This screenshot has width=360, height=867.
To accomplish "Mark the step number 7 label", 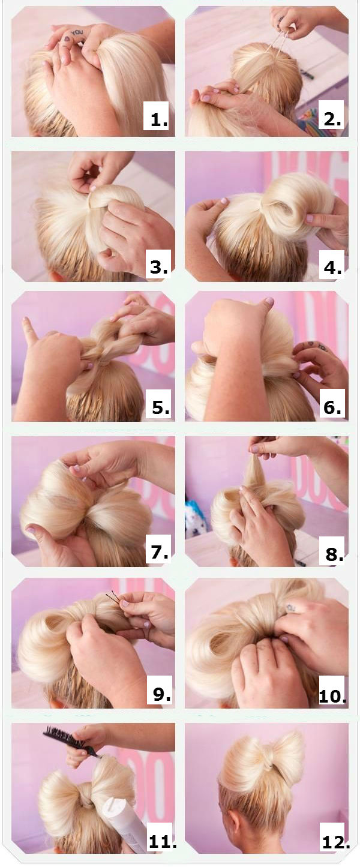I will pyautogui.click(x=159, y=551).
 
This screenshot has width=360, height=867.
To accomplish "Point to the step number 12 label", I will pyautogui.click(x=335, y=841).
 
